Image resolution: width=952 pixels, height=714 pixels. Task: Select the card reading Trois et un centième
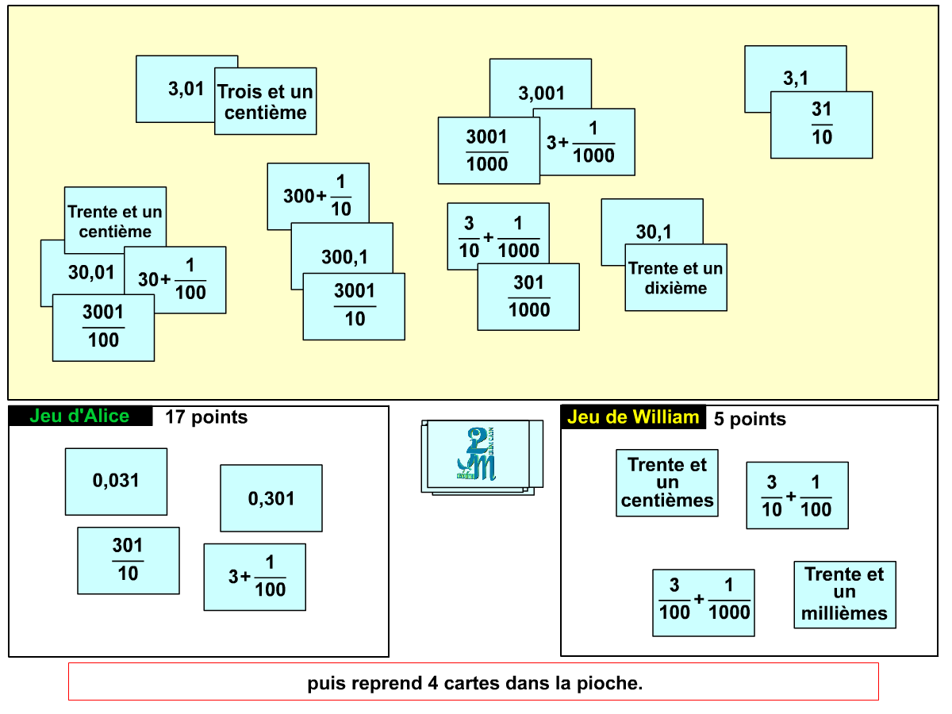click(x=266, y=102)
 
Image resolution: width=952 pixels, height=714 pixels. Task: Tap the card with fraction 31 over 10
click(x=822, y=125)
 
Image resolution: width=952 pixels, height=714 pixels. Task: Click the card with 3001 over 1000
click(x=487, y=151)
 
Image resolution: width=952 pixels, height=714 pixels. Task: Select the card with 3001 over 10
click(x=354, y=305)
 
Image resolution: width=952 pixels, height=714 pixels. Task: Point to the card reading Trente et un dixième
click(x=676, y=278)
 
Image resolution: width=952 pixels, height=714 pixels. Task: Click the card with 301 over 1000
click(x=528, y=296)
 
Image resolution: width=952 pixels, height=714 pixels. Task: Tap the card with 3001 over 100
click(x=103, y=327)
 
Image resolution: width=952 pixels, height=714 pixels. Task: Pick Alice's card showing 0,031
click(x=116, y=481)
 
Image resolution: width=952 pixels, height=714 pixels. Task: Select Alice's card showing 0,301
click(x=271, y=498)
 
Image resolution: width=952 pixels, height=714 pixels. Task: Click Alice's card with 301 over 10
click(x=128, y=560)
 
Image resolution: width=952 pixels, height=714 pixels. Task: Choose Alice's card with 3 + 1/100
click(x=255, y=577)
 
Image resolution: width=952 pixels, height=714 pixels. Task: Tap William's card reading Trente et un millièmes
click(x=845, y=594)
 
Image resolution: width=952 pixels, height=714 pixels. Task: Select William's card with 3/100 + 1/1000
click(x=704, y=602)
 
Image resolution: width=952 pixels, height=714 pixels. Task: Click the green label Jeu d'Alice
click(x=79, y=416)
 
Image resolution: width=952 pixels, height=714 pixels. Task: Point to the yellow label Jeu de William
click(x=633, y=417)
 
